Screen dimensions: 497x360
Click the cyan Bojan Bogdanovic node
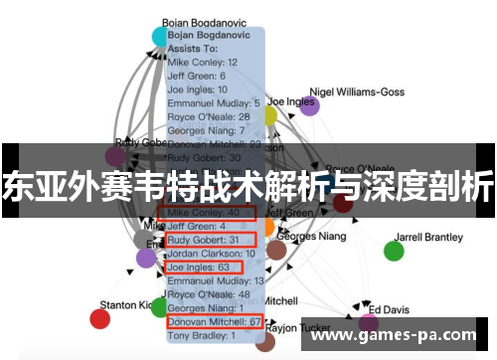click(161, 37)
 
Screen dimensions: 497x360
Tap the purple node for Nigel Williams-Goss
click(310, 106)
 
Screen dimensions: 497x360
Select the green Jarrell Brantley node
click(394, 251)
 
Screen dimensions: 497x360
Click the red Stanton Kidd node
click(99, 318)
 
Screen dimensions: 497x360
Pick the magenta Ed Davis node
click(369, 323)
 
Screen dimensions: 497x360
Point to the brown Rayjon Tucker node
click(265, 341)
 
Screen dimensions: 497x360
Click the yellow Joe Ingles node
click(269, 115)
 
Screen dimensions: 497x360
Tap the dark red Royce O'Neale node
click(343, 203)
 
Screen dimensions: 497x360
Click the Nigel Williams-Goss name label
click(364, 91)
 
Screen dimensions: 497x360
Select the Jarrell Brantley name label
click(429, 238)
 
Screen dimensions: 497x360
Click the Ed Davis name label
click(389, 309)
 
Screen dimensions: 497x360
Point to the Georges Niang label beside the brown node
click(311, 237)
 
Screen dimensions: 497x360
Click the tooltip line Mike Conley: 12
click(202, 62)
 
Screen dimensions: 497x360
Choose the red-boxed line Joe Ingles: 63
click(205, 267)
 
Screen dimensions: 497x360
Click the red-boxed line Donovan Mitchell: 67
click(213, 321)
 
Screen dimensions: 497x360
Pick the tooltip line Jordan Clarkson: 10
click(211, 254)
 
